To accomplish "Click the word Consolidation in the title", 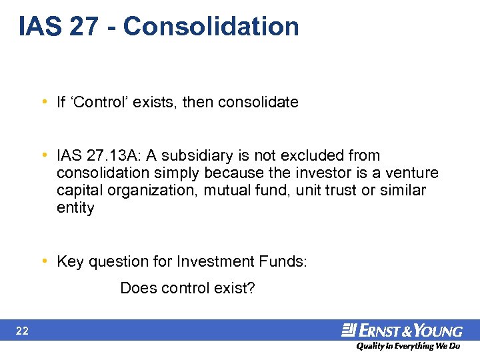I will point(211,27).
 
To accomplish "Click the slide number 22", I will point(22,331).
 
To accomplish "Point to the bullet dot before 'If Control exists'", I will point(44,102).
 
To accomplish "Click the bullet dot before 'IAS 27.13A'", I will point(44,155).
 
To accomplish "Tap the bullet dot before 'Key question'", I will point(44,261).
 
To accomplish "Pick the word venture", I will point(414,173).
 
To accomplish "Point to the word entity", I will point(75,208).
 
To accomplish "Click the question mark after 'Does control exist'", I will point(251,289).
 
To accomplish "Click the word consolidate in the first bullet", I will point(258,102).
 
